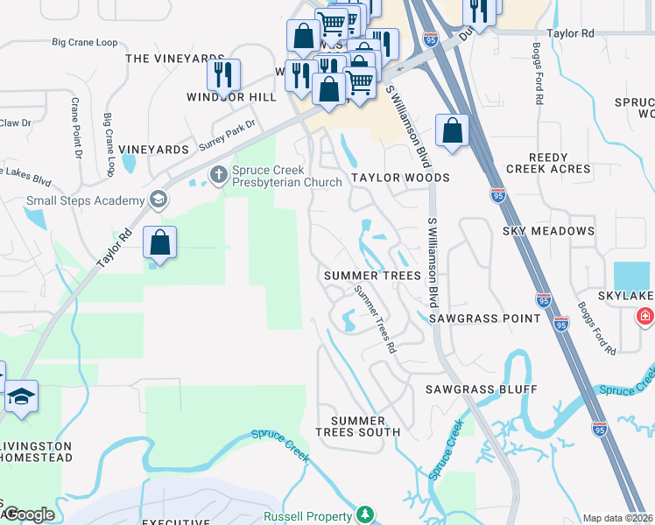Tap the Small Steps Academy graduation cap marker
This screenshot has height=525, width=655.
158,199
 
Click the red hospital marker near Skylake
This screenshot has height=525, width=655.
646,315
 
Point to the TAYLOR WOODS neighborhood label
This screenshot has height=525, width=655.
400,178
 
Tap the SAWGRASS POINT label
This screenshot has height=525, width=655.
484,319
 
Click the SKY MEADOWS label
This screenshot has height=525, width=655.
548,231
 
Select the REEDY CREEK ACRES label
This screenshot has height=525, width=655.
537,162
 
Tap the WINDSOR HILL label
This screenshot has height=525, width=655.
225,97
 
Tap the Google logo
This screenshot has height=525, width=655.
28,515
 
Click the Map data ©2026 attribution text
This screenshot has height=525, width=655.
617,518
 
